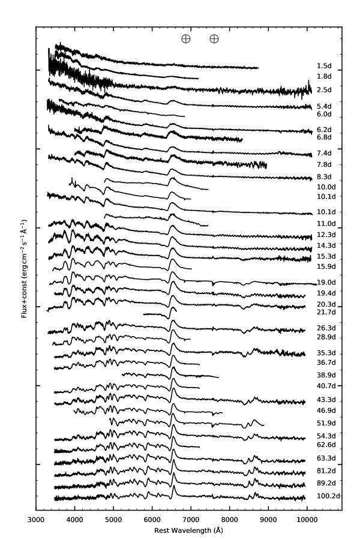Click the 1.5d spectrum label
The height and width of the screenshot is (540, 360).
tap(324, 65)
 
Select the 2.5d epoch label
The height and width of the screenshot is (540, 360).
tap(324, 90)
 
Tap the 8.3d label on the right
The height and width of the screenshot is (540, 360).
tap(324, 177)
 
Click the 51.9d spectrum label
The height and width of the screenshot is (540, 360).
tap(326, 422)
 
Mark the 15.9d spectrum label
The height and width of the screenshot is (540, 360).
tap(326, 266)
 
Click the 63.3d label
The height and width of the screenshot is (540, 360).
tap(326, 458)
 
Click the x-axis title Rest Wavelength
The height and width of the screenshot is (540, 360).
tap(189, 530)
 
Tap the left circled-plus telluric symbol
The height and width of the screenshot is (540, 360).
tap(186, 39)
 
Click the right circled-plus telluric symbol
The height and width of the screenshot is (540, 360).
tap(214, 39)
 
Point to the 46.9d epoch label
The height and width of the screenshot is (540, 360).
tap(326, 410)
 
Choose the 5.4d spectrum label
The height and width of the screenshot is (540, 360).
tap(324, 106)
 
